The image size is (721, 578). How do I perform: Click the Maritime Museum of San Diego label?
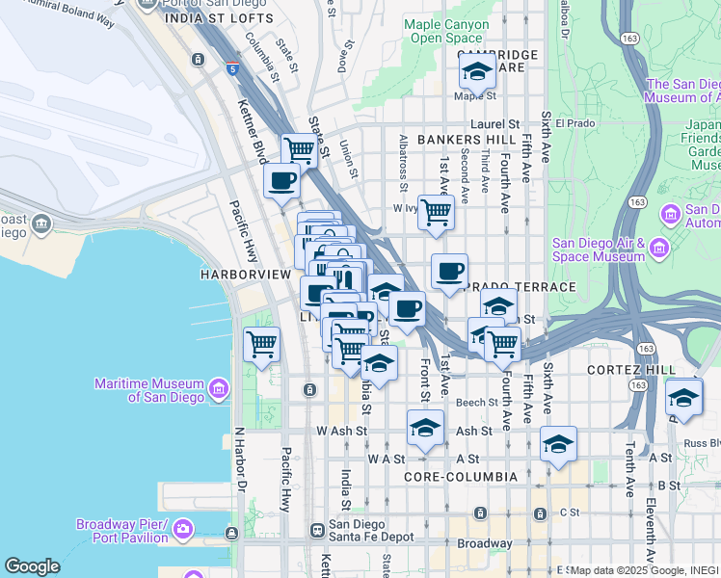[148, 390]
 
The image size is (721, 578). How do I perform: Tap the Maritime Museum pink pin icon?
[220, 389]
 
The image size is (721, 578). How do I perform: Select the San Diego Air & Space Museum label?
[599, 250]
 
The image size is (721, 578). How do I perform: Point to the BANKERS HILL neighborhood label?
[467, 140]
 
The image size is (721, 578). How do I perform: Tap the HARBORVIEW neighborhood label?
[245, 275]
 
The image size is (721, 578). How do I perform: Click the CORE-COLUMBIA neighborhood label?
[461, 477]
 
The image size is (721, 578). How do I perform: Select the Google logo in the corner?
[32, 566]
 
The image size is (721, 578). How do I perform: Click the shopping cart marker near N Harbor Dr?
[261, 344]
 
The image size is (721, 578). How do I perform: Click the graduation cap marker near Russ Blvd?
[683, 397]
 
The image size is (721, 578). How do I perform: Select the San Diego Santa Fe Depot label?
[371, 531]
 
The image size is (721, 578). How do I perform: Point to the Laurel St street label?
[495, 124]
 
